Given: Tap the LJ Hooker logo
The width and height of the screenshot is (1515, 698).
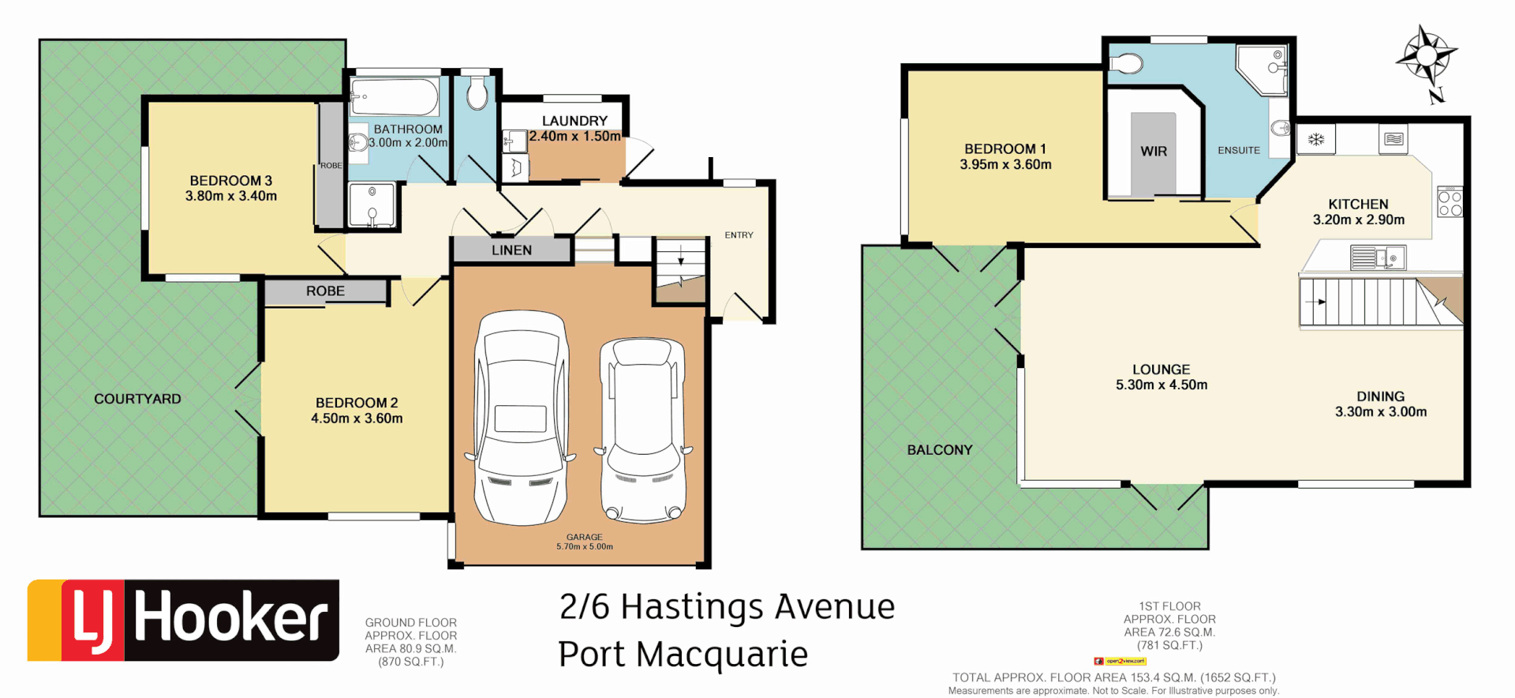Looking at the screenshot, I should coord(183,620).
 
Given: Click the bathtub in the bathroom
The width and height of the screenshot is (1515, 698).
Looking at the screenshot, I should coord(395,97).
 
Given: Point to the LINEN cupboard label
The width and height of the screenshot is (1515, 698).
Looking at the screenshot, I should coord(511,250).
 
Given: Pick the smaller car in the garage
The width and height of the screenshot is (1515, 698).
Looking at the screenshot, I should coord(642,430).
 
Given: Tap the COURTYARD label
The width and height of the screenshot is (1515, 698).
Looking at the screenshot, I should coord(137,399).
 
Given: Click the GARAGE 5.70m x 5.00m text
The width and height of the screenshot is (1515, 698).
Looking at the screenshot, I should coord(584,542).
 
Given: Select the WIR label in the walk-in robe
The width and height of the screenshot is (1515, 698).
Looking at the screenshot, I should coord(1153,151).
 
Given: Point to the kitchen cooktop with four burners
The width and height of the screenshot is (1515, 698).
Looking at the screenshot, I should coord(1450,201).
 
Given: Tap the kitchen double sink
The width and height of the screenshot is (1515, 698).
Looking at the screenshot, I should coord(1377,257).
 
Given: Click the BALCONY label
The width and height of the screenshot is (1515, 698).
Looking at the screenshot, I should coord(939,450).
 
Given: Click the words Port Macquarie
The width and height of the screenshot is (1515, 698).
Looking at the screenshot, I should coord(683,655).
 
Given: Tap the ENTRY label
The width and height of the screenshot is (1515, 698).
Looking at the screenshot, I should coord(739,235).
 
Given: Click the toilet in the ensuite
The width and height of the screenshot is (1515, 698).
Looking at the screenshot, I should coord(1126,63).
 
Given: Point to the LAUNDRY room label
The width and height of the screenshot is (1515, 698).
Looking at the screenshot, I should coord(574,121).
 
